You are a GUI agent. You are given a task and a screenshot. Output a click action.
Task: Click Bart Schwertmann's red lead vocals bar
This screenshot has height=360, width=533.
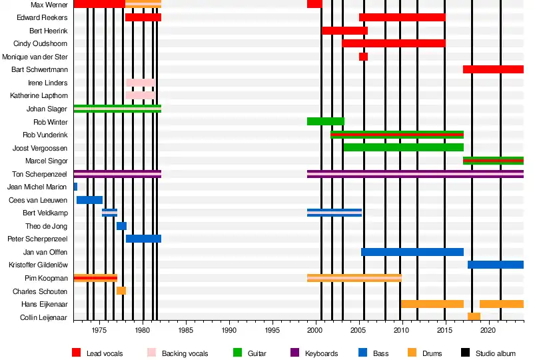[x=493, y=69]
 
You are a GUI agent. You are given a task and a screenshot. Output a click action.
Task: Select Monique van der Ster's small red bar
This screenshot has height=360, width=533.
[x=363, y=57]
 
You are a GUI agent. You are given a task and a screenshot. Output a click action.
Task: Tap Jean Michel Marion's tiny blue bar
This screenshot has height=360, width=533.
[x=75, y=187]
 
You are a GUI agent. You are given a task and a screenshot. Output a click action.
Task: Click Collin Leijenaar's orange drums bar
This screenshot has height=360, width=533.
[x=474, y=317]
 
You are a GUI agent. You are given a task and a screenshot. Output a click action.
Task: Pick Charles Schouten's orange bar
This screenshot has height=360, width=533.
[x=121, y=291]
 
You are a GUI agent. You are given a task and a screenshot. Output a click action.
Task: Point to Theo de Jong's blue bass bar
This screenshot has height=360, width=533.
[x=121, y=226]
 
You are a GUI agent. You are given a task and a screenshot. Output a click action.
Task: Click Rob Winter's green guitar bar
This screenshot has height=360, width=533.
[x=325, y=121]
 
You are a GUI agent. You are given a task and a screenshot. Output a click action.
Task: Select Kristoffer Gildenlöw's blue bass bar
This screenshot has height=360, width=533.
[x=495, y=265]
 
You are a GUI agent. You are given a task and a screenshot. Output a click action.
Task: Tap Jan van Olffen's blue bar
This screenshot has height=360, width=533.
[x=412, y=252]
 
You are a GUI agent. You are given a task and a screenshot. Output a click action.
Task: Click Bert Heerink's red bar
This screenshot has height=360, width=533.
[x=344, y=31]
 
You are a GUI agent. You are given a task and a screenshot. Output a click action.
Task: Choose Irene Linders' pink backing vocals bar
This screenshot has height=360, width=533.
[x=140, y=83]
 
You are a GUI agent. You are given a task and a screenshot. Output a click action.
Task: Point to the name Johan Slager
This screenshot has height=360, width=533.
[x=47, y=109]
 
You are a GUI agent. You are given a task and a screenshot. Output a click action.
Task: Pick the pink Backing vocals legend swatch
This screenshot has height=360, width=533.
[x=151, y=353]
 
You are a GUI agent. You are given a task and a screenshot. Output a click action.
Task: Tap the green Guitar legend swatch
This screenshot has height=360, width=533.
[x=237, y=353]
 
